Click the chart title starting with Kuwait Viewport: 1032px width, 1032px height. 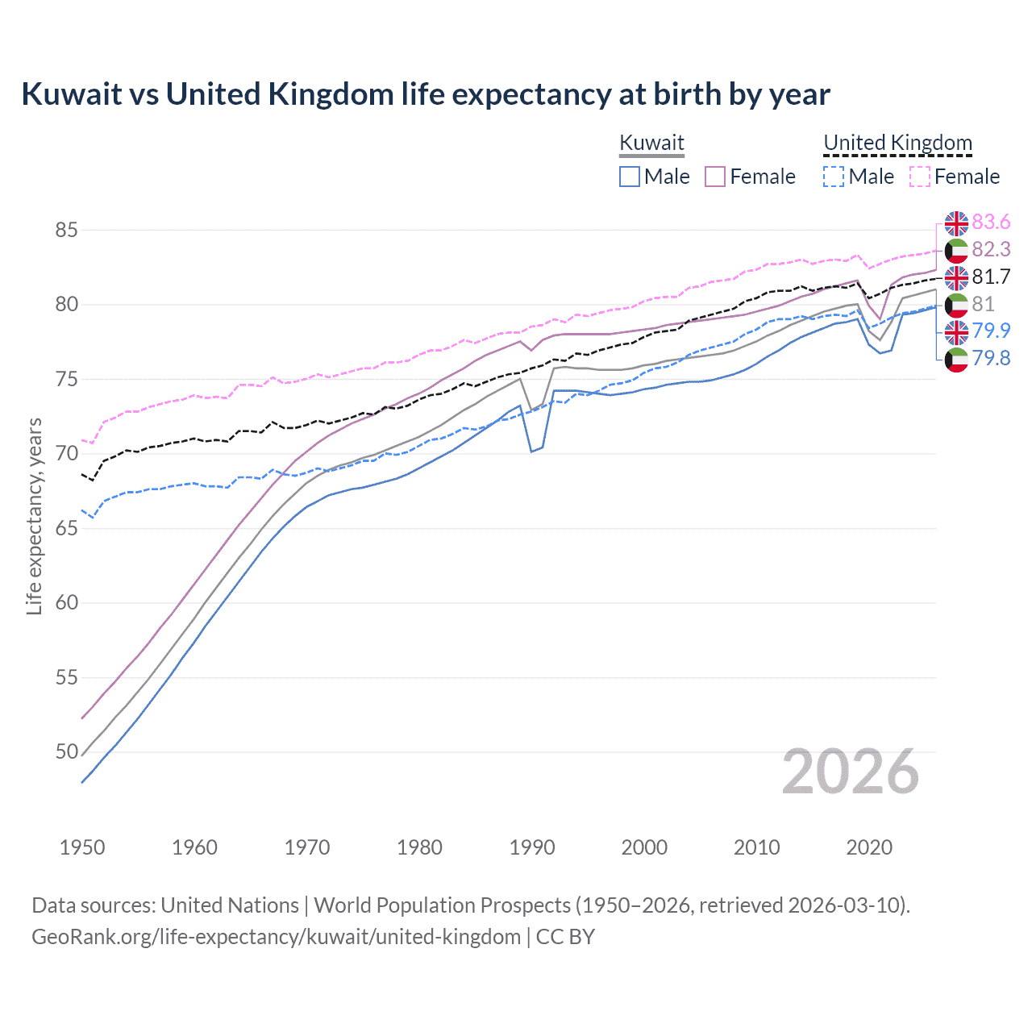click(x=425, y=94)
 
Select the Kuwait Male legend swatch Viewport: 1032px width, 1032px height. click(x=630, y=177)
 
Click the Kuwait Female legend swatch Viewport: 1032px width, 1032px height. click(x=715, y=177)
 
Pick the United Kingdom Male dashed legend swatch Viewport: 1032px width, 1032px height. click(x=834, y=177)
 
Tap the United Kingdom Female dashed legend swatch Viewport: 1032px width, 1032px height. click(x=919, y=177)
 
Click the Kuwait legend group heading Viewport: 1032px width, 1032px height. click(x=651, y=143)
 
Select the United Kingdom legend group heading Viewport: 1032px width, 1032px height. click(x=897, y=143)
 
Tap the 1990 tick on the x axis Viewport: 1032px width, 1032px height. click(x=532, y=847)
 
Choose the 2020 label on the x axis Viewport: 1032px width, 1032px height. click(x=869, y=847)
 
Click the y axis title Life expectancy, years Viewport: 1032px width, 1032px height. click(x=35, y=516)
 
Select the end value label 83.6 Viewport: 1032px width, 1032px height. click(x=991, y=222)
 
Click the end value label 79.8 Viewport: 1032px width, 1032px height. click(x=991, y=358)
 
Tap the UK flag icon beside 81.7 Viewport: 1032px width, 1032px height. click(x=956, y=277)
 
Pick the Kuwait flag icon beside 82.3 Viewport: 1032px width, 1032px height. click(x=956, y=250)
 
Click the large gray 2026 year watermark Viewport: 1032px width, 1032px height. click(x=850, y=772)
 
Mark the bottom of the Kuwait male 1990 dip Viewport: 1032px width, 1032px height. click(x=531, y=451)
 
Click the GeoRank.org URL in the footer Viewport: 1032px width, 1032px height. click(x=276, y=937)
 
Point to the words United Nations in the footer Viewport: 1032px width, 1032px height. click(x=230, y=905)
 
